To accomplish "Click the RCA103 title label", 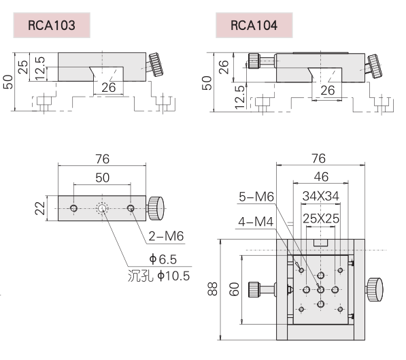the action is click(52, 25).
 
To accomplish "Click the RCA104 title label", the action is click(254, 25).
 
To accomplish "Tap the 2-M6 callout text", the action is click(166, 236).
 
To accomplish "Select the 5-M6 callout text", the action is click(256, 197).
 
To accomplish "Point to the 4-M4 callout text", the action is click(256, 222).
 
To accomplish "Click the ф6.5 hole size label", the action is click(163, 259).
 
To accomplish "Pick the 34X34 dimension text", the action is click(320, 196).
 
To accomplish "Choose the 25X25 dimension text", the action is click(321, 218).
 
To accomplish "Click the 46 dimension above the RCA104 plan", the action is click(321, 177).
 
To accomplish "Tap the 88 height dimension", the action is click(212, 289).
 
